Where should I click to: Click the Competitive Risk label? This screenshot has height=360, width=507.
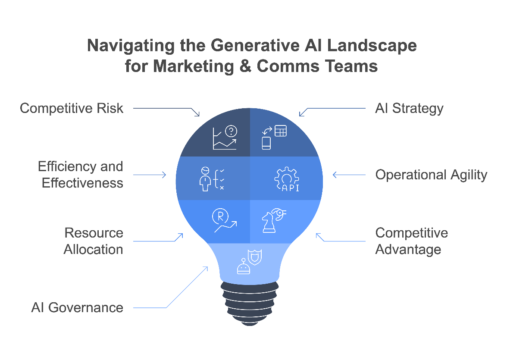tap(72, 108)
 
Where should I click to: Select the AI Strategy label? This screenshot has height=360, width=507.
tap(409, 108)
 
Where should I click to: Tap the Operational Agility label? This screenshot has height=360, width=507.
tap(431, 175)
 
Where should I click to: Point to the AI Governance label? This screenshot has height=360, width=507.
tap(77, 307)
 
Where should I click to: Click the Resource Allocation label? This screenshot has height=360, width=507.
tap(94, 241)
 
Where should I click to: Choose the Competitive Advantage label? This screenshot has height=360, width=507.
tap(412, 241)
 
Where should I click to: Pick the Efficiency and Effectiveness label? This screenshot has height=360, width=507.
tap(81, 175)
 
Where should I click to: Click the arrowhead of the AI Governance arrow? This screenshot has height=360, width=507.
tap(207, 268)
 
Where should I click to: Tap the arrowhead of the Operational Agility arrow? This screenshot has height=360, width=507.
tap(334, 175)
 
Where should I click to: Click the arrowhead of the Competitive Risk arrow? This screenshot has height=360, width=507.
tap(198, 115)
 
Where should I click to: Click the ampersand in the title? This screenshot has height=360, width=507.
tap(246, 66)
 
